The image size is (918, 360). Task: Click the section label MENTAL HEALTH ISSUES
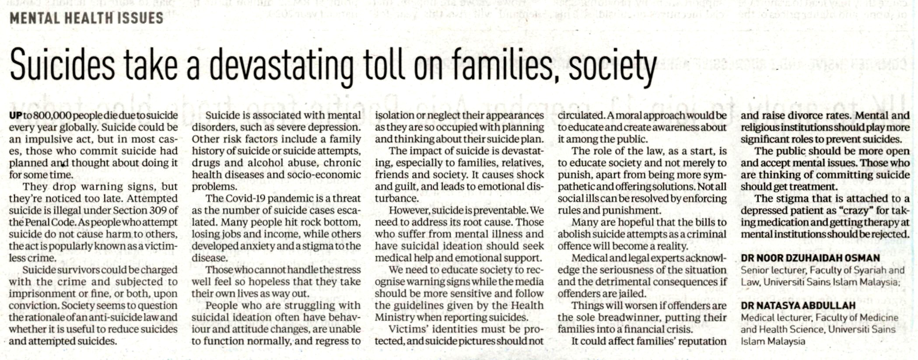point(86,18)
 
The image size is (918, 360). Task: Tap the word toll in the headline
point(384,66)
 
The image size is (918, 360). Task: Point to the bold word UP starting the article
point(15,115)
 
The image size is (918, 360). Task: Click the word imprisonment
point(42,294)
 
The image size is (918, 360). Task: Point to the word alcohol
point(268,163)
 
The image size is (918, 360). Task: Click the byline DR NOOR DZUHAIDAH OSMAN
point(810,258)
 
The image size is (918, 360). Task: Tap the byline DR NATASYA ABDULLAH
point(798,305)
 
